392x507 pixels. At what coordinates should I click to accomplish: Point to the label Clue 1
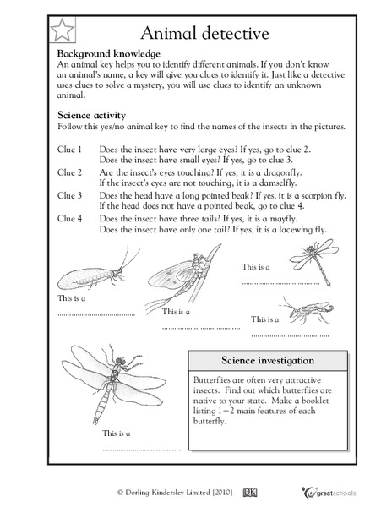point(69,149)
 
